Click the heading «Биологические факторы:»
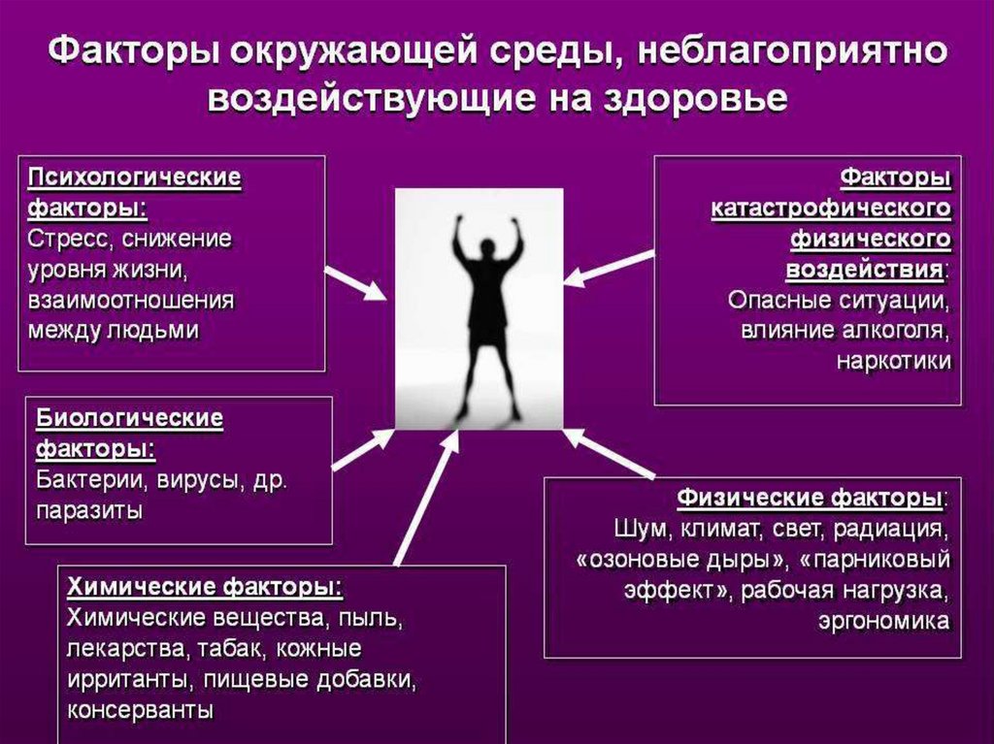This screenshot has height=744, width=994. point(130,434)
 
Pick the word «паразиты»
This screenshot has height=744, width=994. point(90,510)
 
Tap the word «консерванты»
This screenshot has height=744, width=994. point(141,708)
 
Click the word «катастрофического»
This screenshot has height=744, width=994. point(830,209)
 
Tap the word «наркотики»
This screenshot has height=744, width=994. point(893,361)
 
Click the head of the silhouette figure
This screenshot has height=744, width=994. point(486,248)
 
